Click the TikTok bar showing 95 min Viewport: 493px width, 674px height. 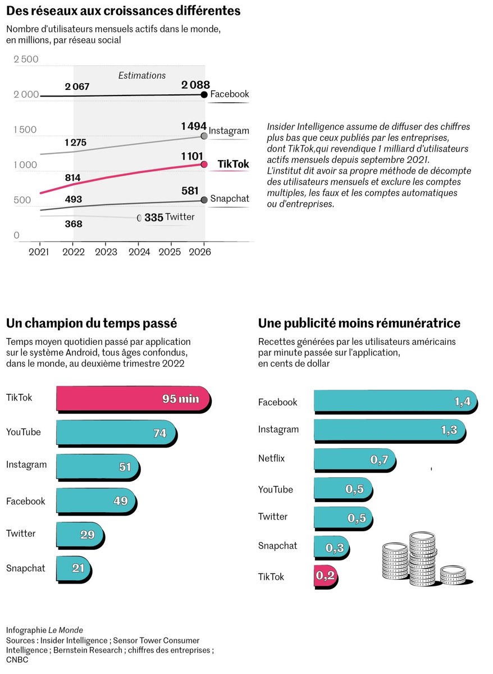pos(133,399)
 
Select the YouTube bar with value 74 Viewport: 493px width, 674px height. pos(116,433)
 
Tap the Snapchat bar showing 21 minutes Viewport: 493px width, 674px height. pos(72,568)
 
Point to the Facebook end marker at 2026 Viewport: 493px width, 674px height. pos(204,95)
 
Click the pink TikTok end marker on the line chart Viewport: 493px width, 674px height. pos(204,165)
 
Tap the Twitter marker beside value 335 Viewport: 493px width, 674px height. pos(140,217)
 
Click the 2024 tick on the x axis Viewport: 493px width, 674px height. pos(139,252)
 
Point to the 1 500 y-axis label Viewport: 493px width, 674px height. pos(25,130)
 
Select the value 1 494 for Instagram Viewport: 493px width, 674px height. pos(194,126)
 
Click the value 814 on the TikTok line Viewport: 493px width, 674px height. pos(73,178)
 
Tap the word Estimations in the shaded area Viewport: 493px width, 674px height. pos(141,75)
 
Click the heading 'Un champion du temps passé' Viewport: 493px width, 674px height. pos(92,324)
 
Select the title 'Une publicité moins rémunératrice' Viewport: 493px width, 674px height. pos(359,324)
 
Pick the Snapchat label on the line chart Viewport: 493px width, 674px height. pos(229,199)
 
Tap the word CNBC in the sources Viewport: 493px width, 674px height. pos(17,659)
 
